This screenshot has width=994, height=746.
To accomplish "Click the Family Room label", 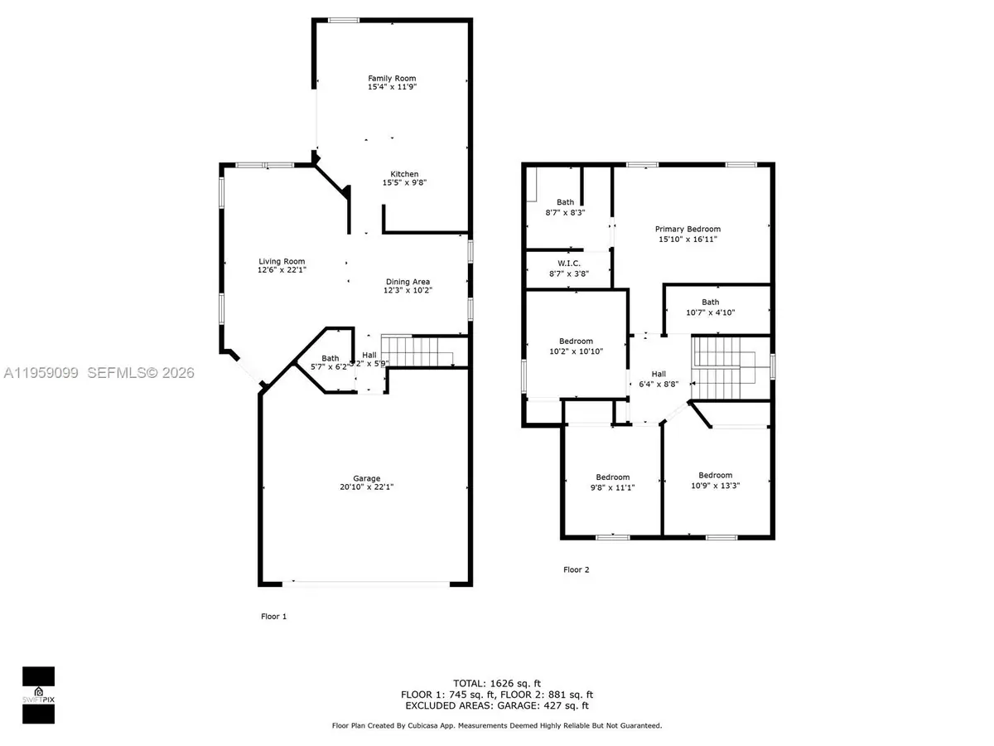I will click(392, 79).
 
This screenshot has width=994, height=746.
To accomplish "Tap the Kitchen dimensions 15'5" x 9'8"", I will click(393, 182).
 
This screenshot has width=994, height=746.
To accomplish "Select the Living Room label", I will click(282, 261).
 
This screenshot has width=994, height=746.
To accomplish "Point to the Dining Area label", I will click(408, 281).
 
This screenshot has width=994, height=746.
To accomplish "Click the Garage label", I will click(366, 478).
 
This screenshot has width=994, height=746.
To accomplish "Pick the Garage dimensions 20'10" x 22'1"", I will click(366, 487).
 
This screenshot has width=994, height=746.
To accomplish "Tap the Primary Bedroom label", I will click(688, 230).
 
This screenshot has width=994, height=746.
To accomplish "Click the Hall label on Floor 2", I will click(659, 375).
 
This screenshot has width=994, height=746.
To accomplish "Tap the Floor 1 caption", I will click(273, 617).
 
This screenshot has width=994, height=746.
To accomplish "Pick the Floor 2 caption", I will click(577, 570).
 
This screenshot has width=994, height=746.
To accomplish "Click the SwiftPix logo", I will click(38, 685).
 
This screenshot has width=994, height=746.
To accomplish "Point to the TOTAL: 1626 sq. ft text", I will click(499, 682).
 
